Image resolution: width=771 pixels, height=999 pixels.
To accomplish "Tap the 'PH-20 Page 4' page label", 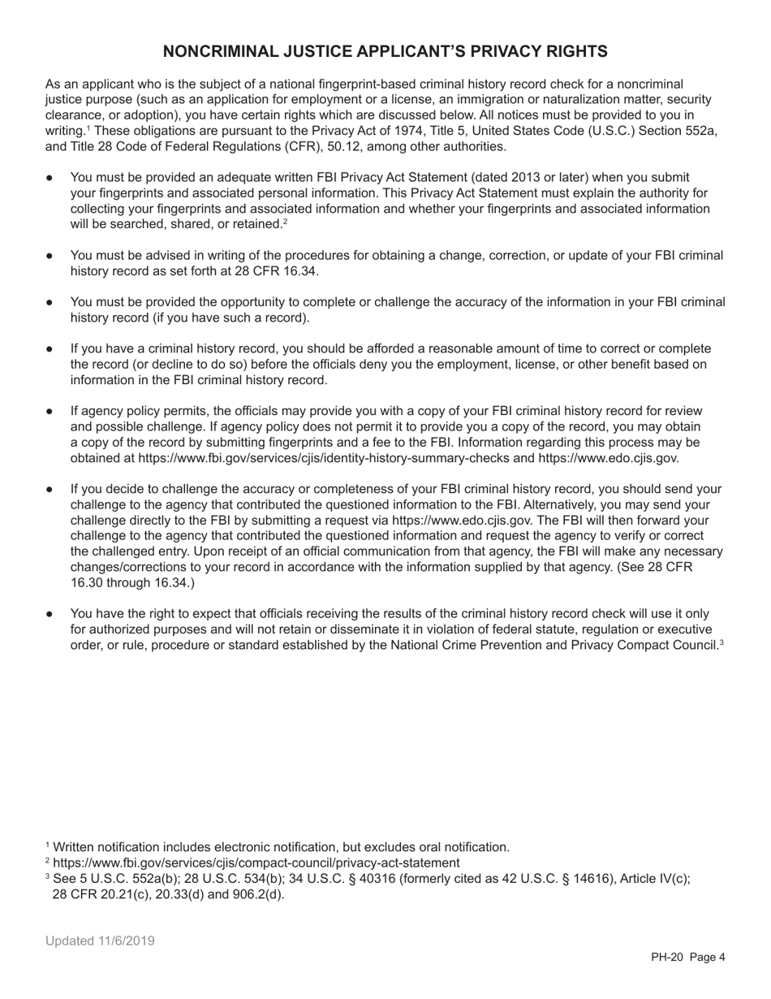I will tap(687, 957).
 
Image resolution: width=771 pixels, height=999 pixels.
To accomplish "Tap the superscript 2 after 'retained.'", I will tap(285, 222).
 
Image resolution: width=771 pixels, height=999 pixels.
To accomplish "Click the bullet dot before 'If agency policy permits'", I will tap(50, 412).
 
